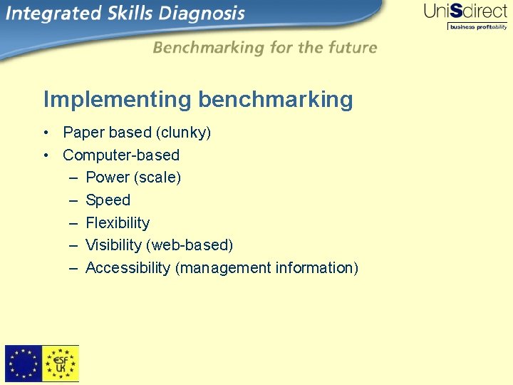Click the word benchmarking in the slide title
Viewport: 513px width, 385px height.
pos(276,100)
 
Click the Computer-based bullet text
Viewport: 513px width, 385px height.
pos(121,155)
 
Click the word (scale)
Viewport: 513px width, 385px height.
pos(157,178)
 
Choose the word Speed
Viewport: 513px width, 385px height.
pos(108,200)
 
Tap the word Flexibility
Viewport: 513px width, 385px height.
pos(118,223)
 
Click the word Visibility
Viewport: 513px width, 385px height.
pos(113,245)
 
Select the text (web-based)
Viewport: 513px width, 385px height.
pos(190,245)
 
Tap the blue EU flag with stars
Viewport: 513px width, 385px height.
pos(24,364)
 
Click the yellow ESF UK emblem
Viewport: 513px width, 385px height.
pos(61,364)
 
